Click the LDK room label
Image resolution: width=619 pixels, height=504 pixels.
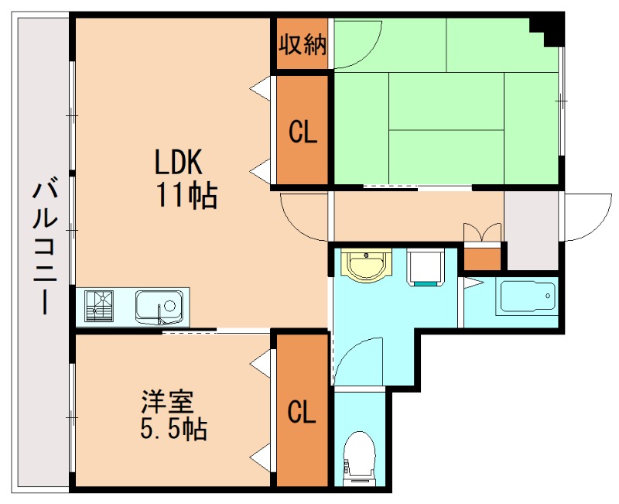(x=178, y=163)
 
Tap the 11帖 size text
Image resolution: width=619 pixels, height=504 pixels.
(x=186, y=196)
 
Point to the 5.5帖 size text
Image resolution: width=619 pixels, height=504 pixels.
(x=173, y=430)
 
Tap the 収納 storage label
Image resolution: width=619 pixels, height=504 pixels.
(x=303, y=43)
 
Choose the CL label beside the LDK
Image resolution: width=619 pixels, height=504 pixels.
(x=303, y=132)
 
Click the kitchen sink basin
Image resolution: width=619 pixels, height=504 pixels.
(x=159, y=307)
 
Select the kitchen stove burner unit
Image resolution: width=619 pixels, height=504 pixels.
(x=99, y=307)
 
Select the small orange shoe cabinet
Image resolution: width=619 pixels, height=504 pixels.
(x=483, y=256)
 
